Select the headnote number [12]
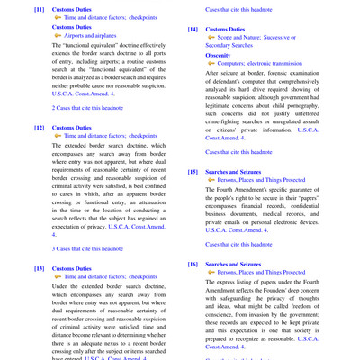pos(40,128)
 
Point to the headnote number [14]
pos(193,29)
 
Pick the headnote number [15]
pos(193,171)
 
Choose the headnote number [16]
pos(193,264)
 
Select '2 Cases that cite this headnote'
pos(87,108)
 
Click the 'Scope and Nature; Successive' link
pos(260,38)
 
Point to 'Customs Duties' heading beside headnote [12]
pos(74,128)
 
